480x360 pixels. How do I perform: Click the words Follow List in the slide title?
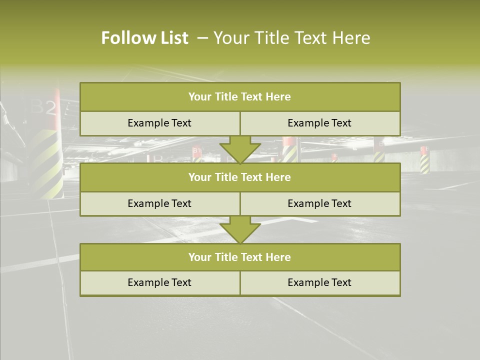point(144,38)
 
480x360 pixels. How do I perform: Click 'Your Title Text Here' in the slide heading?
point(291,38)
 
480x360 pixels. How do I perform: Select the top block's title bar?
point(239,97)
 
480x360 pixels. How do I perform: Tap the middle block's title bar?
point(239,177)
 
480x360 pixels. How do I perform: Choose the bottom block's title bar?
point(239,257)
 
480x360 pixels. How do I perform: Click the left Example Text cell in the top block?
point(159,123)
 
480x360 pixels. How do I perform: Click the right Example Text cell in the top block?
point(319,123)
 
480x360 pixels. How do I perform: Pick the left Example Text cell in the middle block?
point(159,203)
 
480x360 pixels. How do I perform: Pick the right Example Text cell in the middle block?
point(319,203)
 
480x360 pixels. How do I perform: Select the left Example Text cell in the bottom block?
point(159,282)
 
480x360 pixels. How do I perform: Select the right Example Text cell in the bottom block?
point(319,282)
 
